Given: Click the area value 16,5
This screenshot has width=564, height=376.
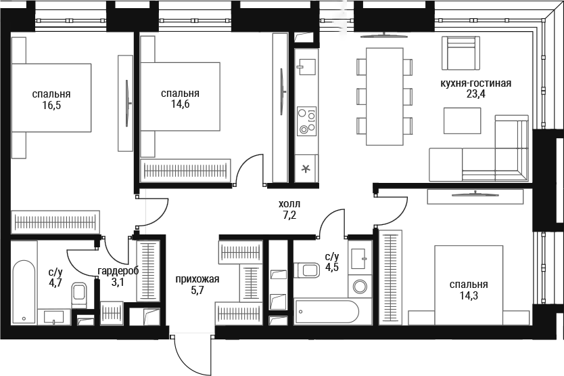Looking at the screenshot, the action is coord(51,106).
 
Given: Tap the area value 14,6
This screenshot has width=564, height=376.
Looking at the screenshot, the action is coord(180,104).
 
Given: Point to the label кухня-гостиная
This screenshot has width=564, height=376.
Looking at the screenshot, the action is coord(476,83).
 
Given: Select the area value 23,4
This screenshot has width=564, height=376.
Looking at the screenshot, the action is coord(475,94).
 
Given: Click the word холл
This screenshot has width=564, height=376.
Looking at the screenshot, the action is coord(289,205).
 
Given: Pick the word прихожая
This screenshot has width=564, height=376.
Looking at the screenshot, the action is coord(197,279).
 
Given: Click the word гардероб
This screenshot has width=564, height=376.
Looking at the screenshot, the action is coord(118,271).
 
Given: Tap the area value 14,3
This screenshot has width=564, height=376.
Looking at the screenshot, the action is coord(469,296).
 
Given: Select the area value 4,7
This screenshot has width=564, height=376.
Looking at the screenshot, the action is coord(55,282).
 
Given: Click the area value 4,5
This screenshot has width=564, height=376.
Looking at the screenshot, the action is coord(331,268).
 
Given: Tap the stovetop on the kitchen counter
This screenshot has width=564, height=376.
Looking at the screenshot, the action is coord(307,121).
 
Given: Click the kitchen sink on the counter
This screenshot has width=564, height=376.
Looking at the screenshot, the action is coord(306,66).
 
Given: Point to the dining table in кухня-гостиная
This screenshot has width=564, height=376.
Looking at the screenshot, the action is coord(384,96).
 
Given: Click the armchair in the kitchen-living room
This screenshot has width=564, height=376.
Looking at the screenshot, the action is coord(461,53).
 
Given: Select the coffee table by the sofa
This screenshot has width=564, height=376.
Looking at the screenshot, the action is coord(462,121).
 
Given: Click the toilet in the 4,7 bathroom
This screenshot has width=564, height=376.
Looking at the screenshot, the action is coord(79,295).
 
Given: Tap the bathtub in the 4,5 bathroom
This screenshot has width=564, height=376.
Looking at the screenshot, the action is coord(327,312).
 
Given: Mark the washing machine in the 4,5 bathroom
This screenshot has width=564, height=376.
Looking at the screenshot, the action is coord(360,287).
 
